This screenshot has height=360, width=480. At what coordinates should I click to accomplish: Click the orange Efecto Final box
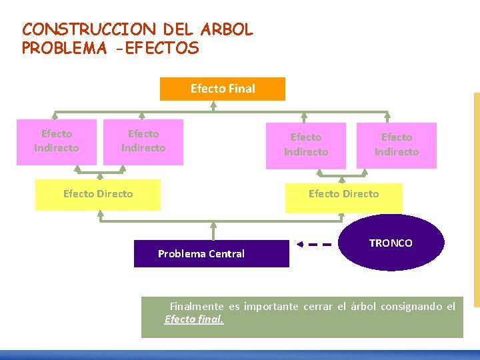(222, 89)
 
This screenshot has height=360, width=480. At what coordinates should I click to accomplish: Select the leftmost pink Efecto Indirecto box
(57, 141)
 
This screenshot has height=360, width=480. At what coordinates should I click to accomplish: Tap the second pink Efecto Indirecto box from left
(143, 141)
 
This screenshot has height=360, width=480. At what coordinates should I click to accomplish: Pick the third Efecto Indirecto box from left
(306, 145)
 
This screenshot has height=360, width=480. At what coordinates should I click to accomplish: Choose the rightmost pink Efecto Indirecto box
(397, 145)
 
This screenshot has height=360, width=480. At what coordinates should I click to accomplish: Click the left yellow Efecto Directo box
(98, 194)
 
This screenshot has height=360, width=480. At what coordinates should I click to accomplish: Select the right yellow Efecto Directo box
(343, 195)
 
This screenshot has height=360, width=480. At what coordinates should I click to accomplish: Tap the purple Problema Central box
(211, 253)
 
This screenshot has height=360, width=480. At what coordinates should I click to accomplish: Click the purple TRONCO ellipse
(391, 243)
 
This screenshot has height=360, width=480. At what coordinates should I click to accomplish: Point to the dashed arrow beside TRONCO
(314, 244)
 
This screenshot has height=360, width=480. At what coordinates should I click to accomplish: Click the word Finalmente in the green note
(197, 307)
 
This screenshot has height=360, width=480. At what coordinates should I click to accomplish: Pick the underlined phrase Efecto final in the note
(194, 319)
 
